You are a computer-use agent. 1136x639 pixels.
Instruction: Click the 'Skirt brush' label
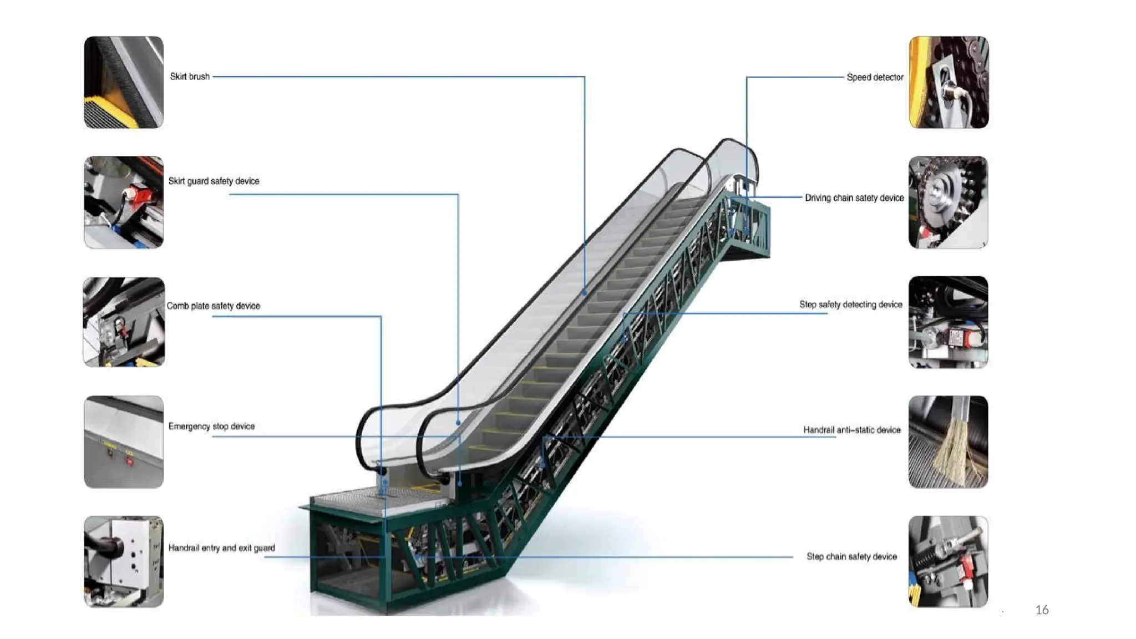coord(190,77)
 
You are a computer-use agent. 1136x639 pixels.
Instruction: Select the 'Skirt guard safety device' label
coord(214,181)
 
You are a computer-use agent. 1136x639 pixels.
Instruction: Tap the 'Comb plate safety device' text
coord(214,306)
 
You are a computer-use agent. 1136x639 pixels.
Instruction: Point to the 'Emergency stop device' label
coord(211,426)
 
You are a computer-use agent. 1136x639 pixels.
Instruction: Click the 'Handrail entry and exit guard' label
coord(221,547)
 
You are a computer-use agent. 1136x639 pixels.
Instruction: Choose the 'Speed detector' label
coord(875,77)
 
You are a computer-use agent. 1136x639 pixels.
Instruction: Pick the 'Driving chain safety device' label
coord(854,197)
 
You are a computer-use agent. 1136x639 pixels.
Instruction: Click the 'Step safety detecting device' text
coord(850,305)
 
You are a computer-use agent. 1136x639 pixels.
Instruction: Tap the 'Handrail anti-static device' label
coord(852,430)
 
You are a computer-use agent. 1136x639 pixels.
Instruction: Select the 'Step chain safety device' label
coord(851,556)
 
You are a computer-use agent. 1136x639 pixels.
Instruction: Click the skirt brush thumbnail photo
coord(124,82)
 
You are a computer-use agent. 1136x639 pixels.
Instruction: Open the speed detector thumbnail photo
coord(949,82)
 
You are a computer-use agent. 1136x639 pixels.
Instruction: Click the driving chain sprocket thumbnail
coord(949,202)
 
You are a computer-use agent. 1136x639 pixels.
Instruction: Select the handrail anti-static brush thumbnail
coord(949,442)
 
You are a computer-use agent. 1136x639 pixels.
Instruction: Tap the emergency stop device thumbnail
coord(124,442)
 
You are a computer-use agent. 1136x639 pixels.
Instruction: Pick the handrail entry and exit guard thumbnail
coord(124,561)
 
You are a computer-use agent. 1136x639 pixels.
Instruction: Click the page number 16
coord(1042,610)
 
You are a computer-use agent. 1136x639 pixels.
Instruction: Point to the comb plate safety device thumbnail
coord(124,322)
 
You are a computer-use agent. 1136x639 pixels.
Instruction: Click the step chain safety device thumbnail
coord(949,561)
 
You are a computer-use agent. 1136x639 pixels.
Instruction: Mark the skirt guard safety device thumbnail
coord(124,202)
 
